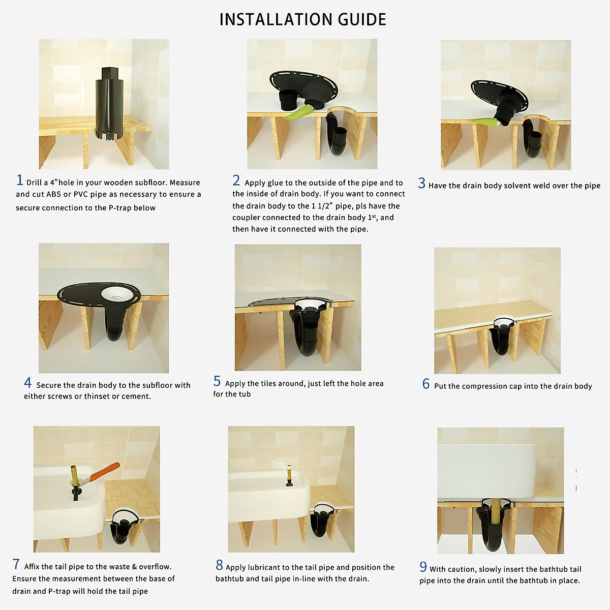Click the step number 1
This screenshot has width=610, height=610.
pos(20,180)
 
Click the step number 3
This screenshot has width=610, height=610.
pos(421,184)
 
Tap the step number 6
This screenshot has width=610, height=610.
pos(426,384)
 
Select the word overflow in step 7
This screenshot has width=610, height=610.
pos(155,567)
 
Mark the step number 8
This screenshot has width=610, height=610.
pos(219,565)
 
